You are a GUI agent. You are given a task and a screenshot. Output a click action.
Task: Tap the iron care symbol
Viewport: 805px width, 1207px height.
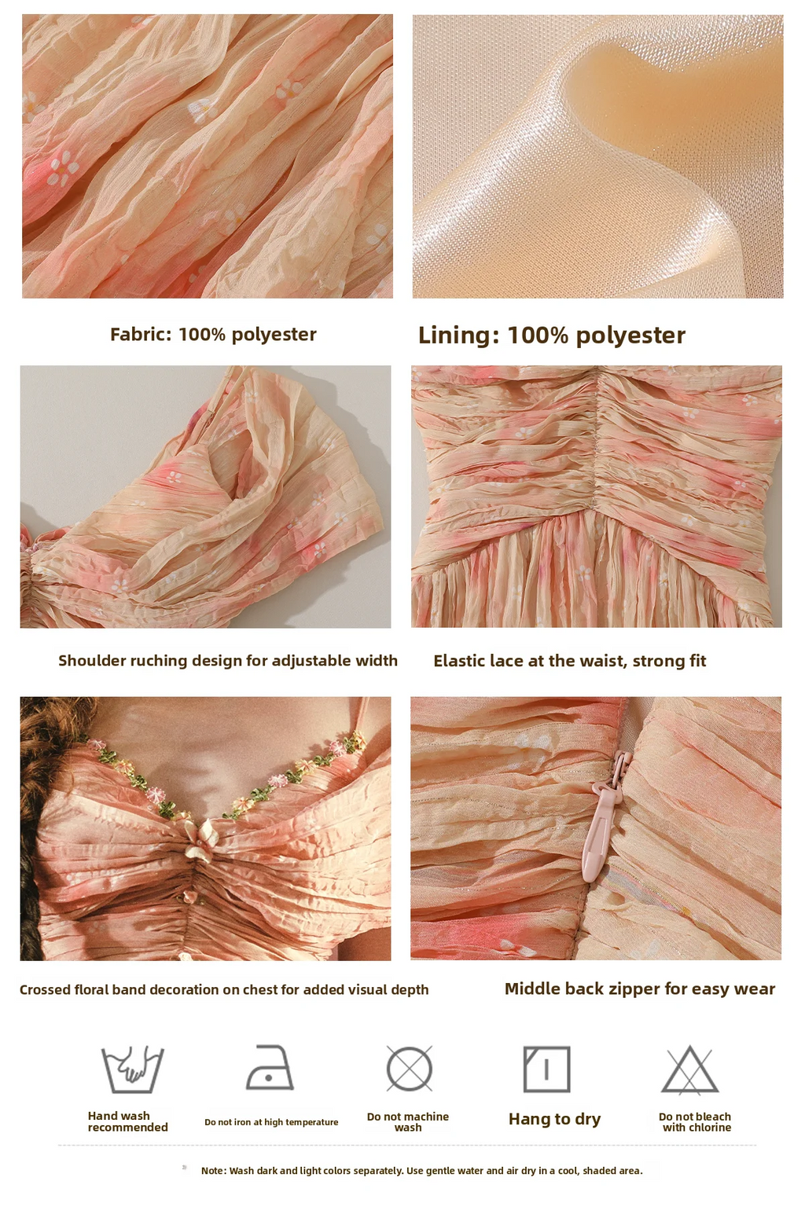pos(270,1068)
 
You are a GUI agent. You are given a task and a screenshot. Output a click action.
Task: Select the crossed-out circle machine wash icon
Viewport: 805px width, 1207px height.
pos(410,1069)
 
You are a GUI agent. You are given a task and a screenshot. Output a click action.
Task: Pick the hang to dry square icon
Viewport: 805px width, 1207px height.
pos(546,1069)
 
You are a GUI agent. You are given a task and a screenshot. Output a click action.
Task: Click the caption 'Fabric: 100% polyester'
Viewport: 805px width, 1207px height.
pos(213,335)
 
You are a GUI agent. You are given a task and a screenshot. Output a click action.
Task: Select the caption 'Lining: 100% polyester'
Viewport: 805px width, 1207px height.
pos(552,336)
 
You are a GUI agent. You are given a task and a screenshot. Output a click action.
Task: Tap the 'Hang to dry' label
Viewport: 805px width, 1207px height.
pos(554,1120)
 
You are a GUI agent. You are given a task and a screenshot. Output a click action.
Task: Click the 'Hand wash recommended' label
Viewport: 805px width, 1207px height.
pos(128,1121)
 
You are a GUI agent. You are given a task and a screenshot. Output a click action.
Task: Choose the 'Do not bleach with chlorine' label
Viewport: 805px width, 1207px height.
pos(696,1122)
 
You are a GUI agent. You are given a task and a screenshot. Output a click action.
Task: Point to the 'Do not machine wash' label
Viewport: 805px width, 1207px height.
pos(408,1122)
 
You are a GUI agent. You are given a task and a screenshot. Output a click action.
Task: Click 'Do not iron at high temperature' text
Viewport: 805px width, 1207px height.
pos(271,1122)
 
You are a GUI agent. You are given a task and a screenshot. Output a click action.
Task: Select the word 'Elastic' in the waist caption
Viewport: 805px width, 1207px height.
pos(458,661)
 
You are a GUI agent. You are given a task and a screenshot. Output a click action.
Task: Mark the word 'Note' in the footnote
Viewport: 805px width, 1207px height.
pos(213,1171)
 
